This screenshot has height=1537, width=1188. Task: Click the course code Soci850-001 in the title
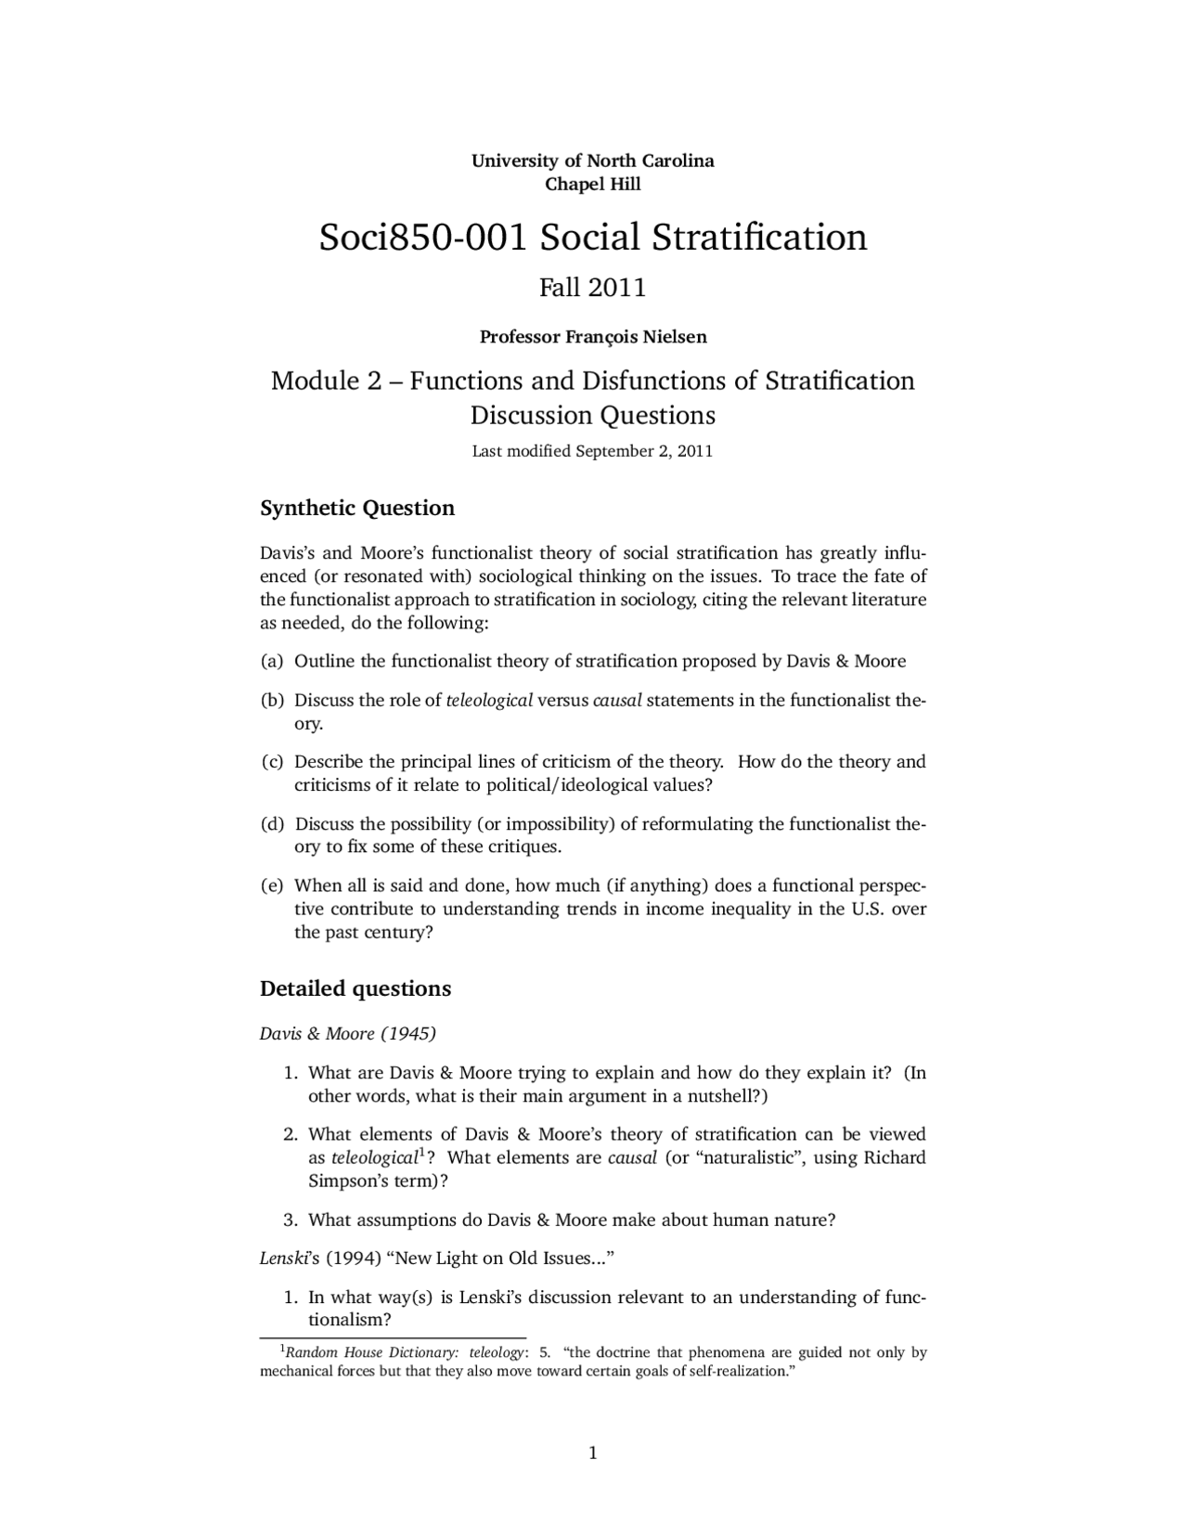tap(423, 238)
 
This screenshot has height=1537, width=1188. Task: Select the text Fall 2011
tap(592, 288)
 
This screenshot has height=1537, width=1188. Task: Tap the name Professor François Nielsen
tap(592, 337)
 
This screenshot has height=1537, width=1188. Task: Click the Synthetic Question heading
tap(357, 509)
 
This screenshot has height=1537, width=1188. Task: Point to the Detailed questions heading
tap(355, 988)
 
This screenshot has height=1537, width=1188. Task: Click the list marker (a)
tap(271, 662)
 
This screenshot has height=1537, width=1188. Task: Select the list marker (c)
tap(271, 762)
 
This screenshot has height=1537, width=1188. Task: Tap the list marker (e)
tap(271, 885)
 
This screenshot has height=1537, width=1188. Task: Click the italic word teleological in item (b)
tap(489, 701)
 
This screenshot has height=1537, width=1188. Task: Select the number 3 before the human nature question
tap(290, 1221)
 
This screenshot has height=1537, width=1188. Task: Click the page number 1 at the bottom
tap(593, 1453)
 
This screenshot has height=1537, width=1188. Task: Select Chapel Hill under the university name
tap(592, 184)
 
